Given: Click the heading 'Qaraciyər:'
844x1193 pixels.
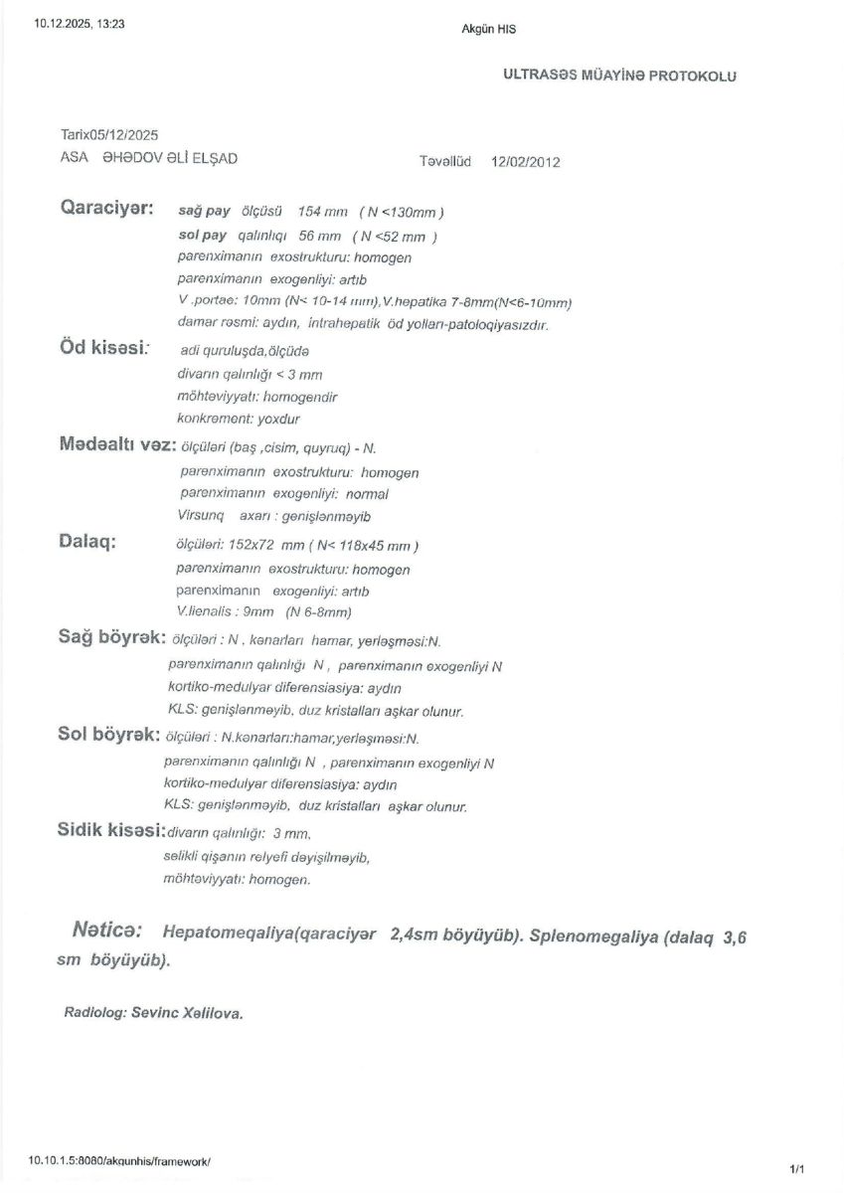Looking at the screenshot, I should (107, 210).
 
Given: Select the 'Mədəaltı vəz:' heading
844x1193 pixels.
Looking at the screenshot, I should (118, 444).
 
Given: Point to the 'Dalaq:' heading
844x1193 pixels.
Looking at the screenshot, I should (87, 542).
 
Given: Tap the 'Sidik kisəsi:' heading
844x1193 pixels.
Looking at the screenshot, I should (110, 830).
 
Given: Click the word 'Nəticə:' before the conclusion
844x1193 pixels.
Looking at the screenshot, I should (106, 931).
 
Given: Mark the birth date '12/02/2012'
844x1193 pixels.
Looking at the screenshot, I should (526, 161).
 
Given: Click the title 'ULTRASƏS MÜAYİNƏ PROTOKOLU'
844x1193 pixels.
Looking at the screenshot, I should (620, 76).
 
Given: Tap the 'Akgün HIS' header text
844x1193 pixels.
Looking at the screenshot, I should (489, 29).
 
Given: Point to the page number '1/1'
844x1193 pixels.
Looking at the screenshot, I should (796, 1169).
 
